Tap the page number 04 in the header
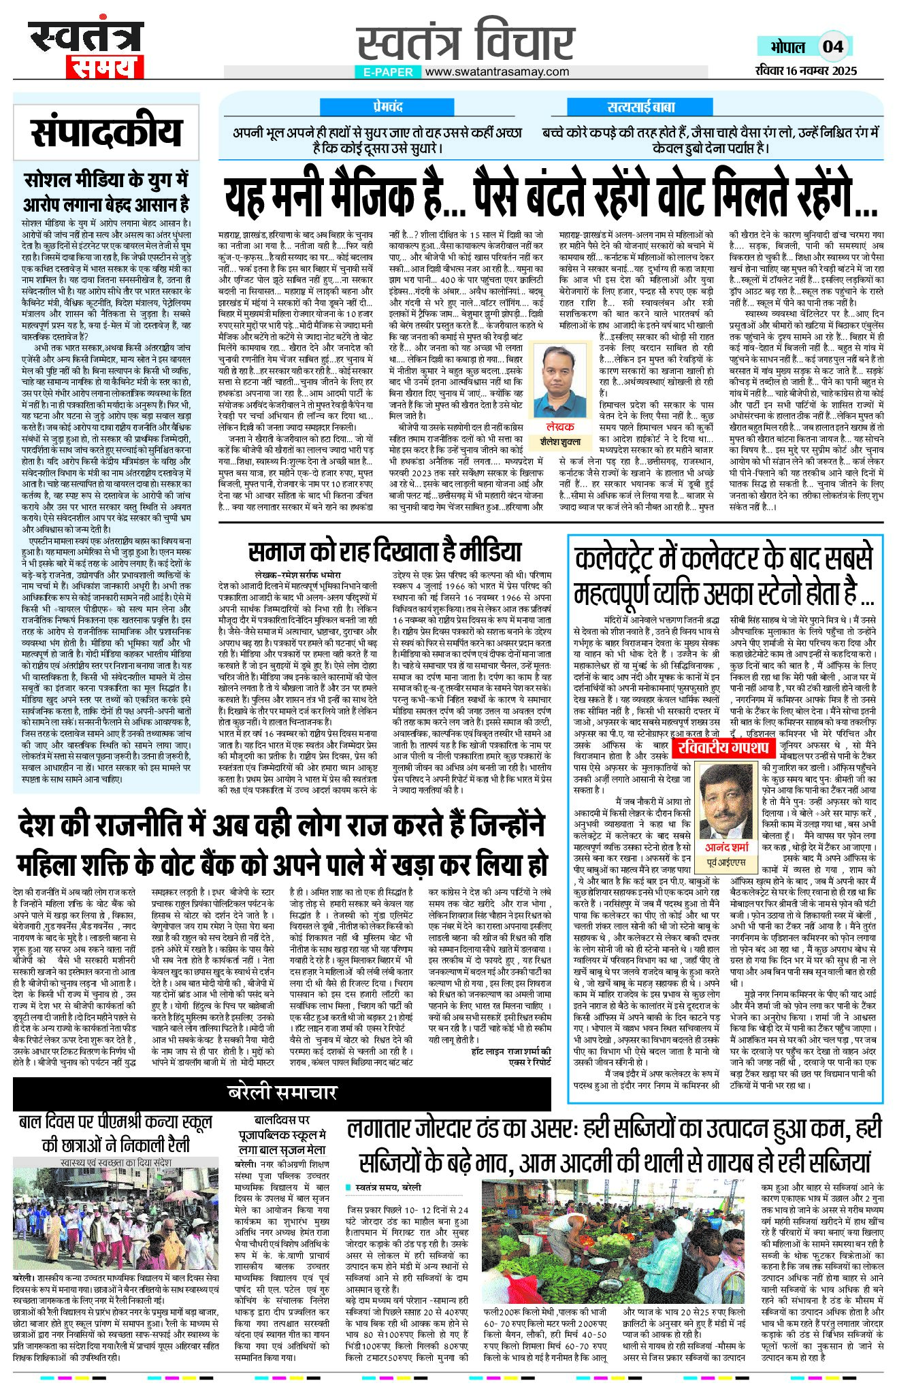click(x=833, y=46)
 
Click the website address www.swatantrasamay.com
click(x=498, y=71)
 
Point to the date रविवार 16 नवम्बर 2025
click(x=806, y=71)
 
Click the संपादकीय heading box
click(x=106, y=132)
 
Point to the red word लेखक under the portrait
click(x=560, y=426)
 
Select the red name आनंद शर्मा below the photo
click(x=726, y=847)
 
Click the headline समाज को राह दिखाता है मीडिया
click(x=385, y=552)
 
